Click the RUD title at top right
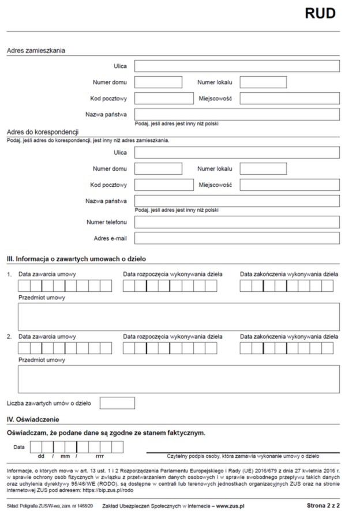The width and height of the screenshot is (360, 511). (x=320, y=13)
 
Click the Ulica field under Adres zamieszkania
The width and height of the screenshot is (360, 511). (x=237, y=66)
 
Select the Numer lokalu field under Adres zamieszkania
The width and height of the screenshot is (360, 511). (x=262, y=82)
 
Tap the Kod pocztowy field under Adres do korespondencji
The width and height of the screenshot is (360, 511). (x=164, y=185)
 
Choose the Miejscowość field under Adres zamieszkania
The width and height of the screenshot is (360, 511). (x=290, y=98)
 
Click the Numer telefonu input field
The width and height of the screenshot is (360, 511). (x=237, y=222)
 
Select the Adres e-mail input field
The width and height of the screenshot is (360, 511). (x=237, y=238)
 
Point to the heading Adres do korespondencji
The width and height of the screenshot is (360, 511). (x=42, y=132)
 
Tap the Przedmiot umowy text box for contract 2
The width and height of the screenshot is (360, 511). (x=178, y=379)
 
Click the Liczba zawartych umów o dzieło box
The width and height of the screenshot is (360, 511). (x=117, y=403)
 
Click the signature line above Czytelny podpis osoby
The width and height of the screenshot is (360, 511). (x=243, y=452)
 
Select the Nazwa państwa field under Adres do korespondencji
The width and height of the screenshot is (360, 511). (x=237, y=201)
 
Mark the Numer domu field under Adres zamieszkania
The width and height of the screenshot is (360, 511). (x=158, y=82)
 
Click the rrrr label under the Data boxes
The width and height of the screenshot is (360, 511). (x=99, y=456)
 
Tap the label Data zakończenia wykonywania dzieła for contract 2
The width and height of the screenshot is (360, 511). (x=289, y=336)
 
